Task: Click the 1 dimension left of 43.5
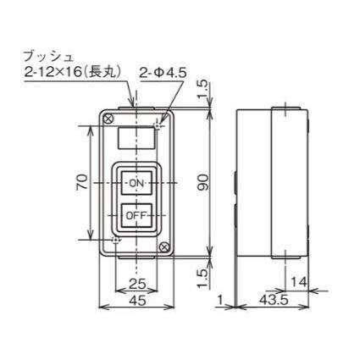click(x=219, y=301)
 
